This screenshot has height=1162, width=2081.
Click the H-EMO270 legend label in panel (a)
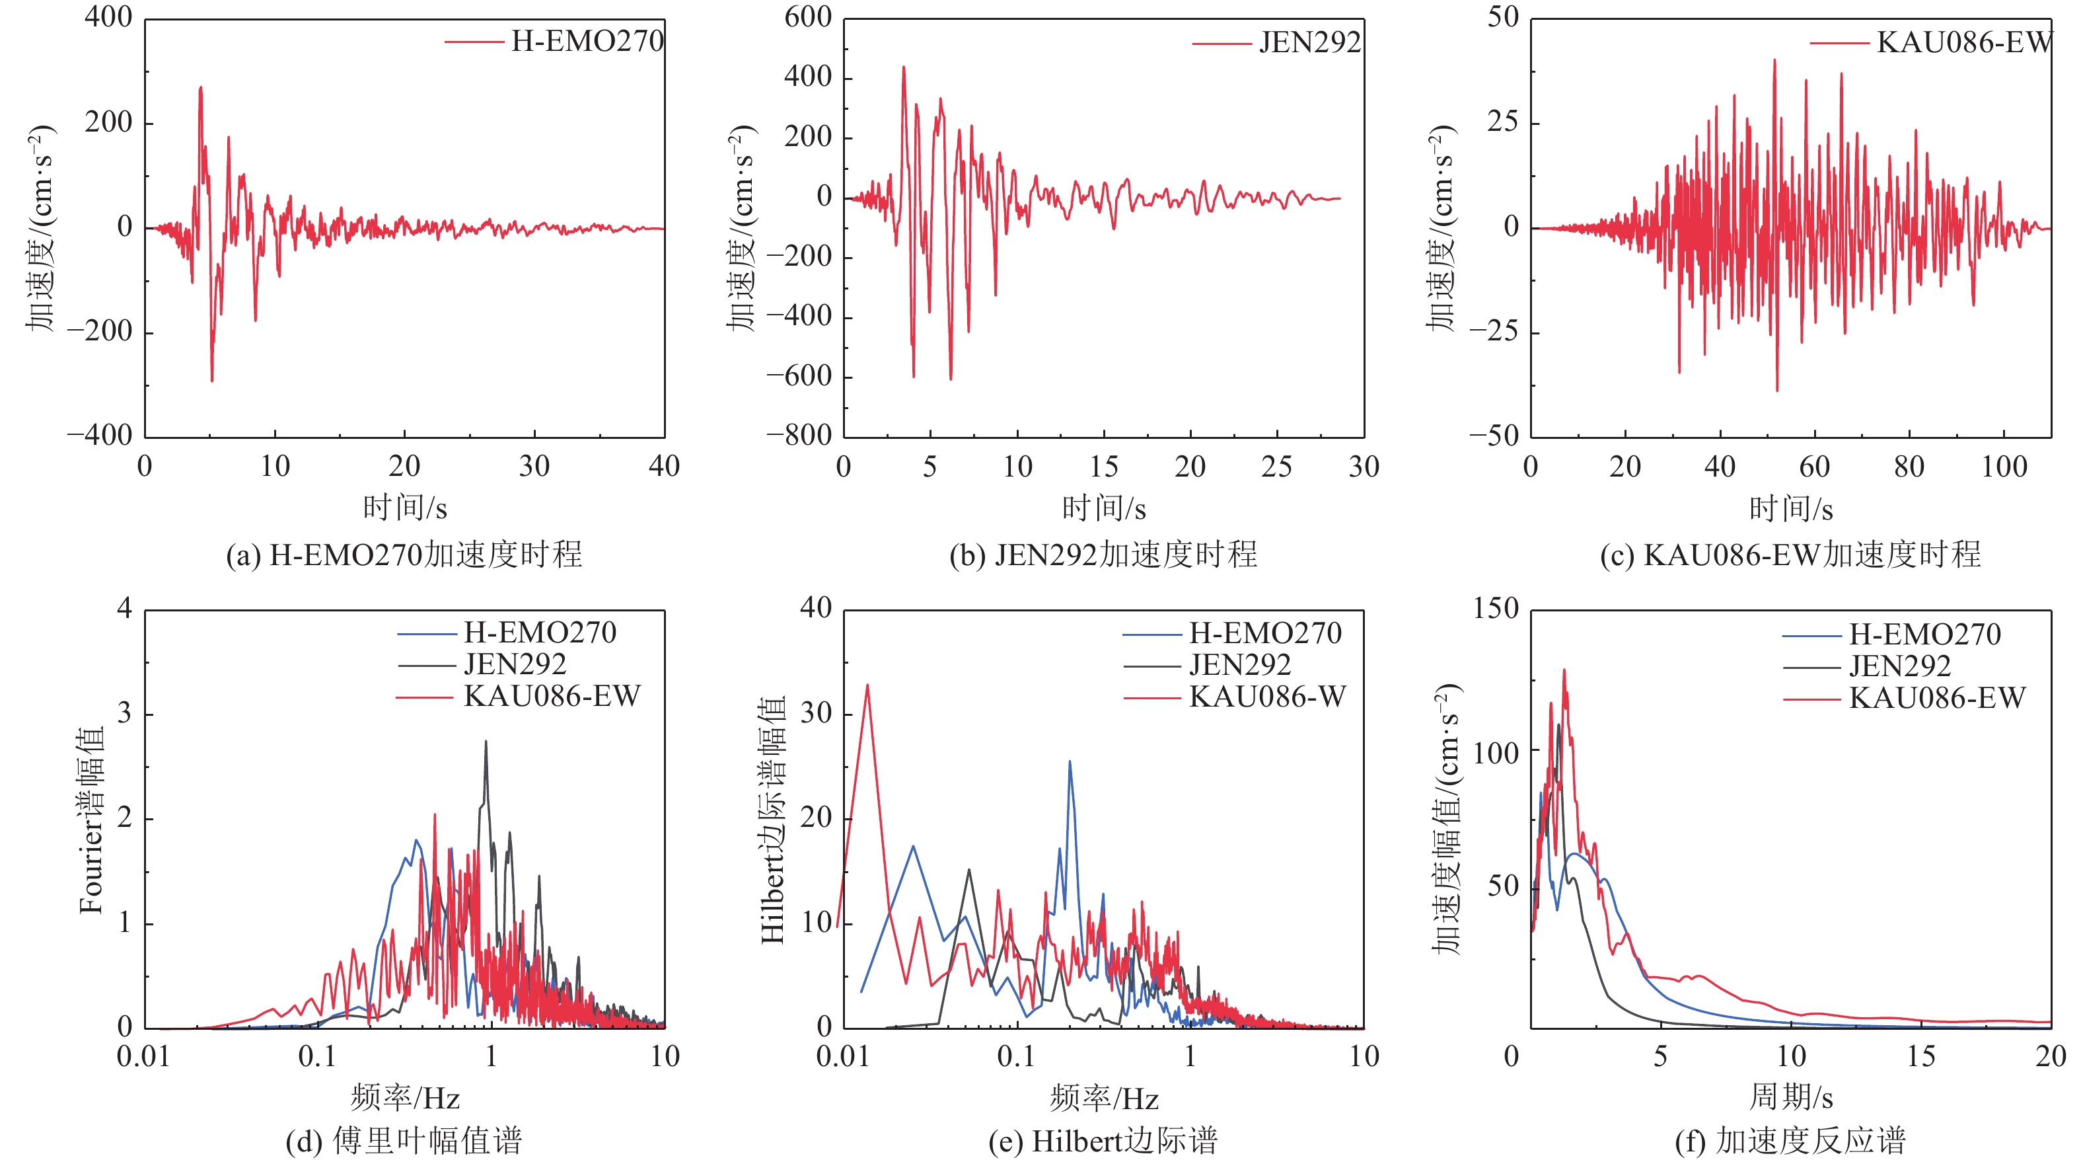(x=587, y=41)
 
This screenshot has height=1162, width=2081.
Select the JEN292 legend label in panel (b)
(x=1309, y=42)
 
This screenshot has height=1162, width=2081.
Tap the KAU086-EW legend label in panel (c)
(x=1964, y=42)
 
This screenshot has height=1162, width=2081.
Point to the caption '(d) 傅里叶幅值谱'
(x=404, y=1140)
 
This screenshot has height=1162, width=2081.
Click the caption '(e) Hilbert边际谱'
(x=1103, y=1140)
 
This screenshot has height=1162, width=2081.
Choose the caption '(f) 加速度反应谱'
(x=1790, y=1140)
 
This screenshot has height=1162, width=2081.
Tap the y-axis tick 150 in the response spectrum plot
(x=1495, y=609)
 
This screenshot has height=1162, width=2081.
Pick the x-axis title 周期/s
(x=1790, y=1097)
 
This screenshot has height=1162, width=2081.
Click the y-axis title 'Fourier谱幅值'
(x=91, y=820)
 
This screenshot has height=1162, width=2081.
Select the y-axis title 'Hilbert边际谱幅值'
(x=773, y=820)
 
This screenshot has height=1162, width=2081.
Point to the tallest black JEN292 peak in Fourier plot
(x=486, y=742)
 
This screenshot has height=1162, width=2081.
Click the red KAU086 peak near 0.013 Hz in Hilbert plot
(x=867, y=685)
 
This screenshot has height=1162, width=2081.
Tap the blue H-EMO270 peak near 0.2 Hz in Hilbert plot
(x=1070, y=761)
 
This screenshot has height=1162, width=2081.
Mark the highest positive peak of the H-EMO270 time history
(x=200, y=87)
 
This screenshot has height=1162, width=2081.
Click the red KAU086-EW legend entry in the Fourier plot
(x=552, y=696)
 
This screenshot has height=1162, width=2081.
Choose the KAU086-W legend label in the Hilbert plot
(x=1266, y=697)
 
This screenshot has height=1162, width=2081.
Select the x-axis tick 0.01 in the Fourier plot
(x=144, y=1056)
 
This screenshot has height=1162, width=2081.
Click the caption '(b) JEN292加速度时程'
(x=1103, y=555)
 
